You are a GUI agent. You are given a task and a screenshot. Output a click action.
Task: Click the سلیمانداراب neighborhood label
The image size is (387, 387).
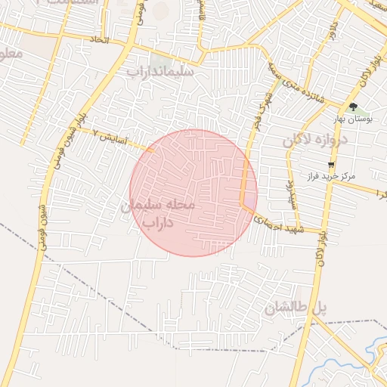[161, 72]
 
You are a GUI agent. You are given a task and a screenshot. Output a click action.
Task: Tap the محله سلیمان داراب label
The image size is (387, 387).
[158, 212]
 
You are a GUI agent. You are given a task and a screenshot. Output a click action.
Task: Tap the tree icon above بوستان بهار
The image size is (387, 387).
[353, 107]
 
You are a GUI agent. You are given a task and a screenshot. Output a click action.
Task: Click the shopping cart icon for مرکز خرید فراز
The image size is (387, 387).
[330, 164]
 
